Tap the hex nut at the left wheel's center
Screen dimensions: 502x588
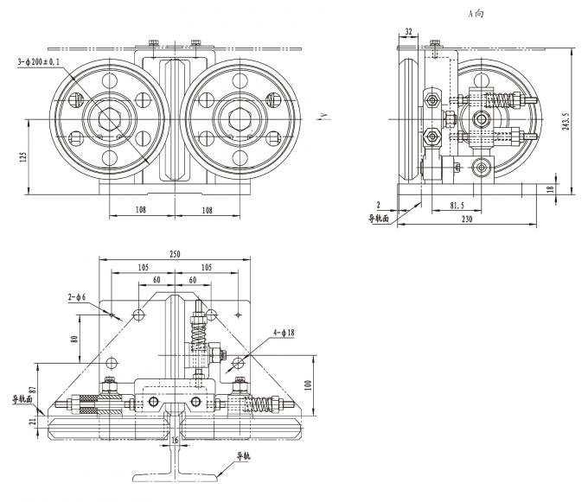pos(109,118)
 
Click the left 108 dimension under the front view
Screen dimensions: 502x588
pos(140,209)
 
